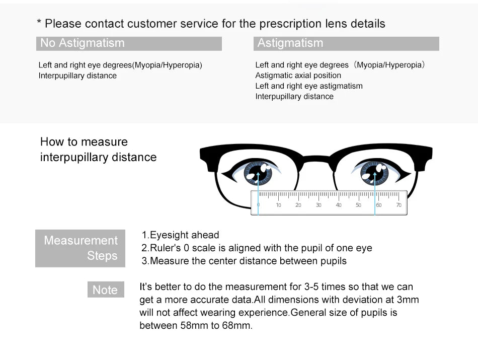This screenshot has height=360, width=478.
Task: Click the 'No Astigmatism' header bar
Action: click(129, 43)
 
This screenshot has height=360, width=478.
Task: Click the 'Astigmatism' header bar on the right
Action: click(346, 43)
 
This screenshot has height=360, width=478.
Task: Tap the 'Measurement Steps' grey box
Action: click(80, 248)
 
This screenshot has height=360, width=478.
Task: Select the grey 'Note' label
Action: click(105, 290)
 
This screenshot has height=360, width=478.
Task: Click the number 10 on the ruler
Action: click(278, 205)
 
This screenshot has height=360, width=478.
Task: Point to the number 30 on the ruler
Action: click(318, 205)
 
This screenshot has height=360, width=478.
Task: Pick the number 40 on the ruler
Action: click(339, 205)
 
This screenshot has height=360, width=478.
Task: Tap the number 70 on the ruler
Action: click(399, 205)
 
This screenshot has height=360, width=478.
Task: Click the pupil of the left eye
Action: click(258, 173)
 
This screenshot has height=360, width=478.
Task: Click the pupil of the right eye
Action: click(374, 173)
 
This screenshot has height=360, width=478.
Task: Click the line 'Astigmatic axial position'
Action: click(298, 76)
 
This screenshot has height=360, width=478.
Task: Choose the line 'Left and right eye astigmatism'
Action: click(308, 86)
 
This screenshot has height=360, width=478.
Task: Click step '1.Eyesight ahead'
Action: click(181, 235)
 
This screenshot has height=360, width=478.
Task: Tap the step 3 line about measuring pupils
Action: click(244, 261)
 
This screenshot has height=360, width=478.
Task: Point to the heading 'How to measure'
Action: click(84, 142)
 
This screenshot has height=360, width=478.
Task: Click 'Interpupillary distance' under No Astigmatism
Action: click(77, 76)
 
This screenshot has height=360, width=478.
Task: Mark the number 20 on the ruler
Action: click(298, 205)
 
